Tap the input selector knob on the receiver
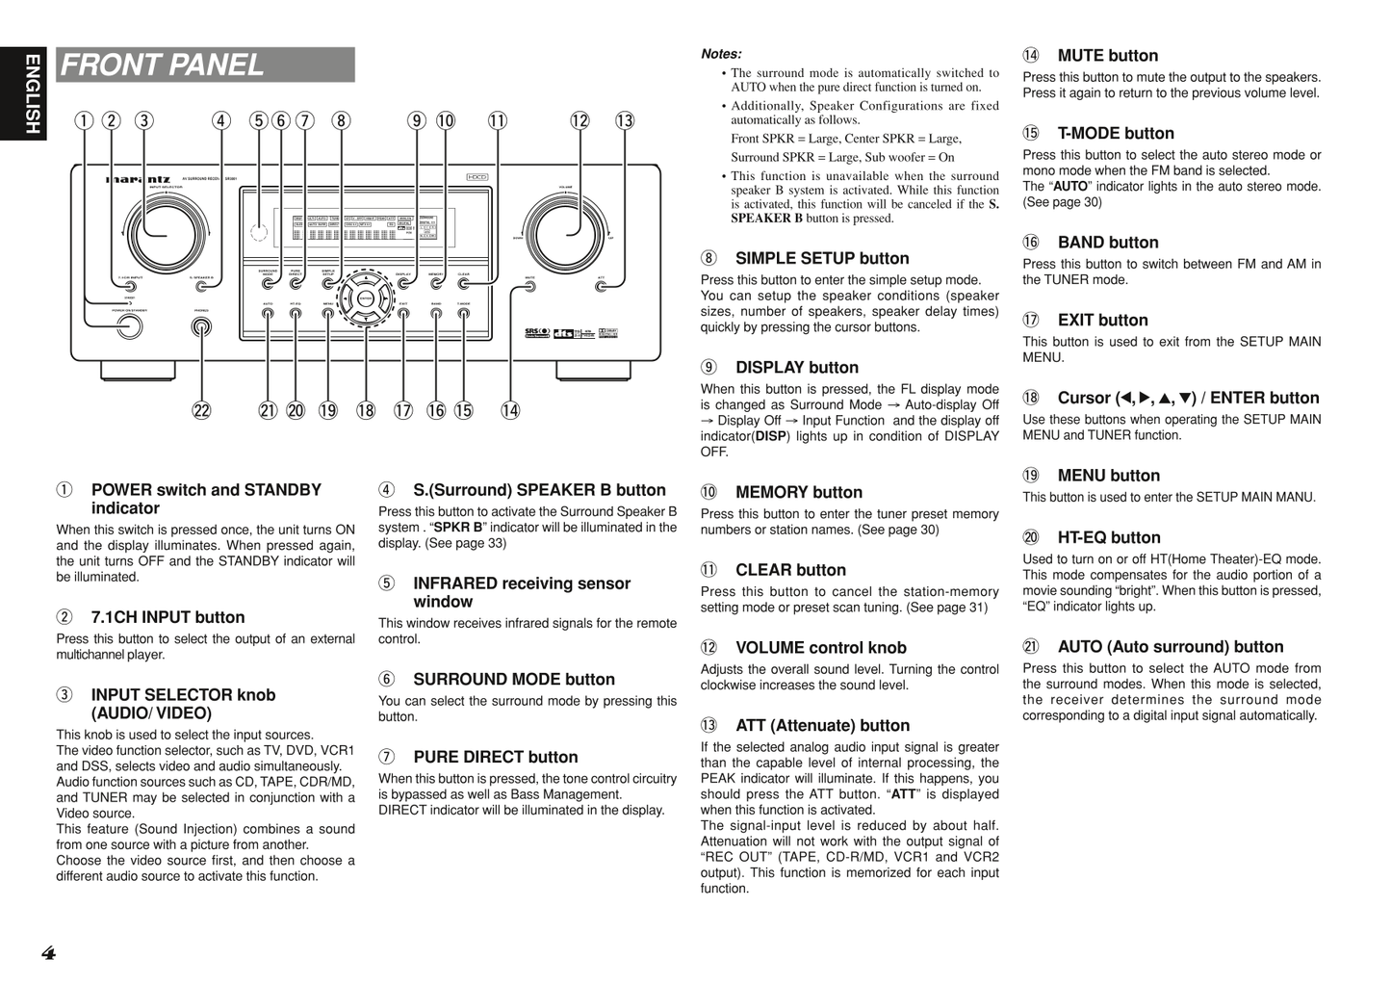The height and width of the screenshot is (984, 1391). [x=166, y=233]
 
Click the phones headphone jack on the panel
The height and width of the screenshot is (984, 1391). [x=201, y=327]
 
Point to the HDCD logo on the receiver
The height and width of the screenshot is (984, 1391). [x=477, y=176]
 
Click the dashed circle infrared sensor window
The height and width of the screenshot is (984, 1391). [x=258, y=232]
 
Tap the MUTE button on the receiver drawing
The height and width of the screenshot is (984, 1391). [x=529, y=286]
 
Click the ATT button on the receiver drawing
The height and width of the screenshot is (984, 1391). [x=601, y=286]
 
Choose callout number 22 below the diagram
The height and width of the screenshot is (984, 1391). [x=201, y=411]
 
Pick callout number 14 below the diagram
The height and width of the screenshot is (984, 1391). [x=510, y=411]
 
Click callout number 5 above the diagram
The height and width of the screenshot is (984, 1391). [x=258, y=121]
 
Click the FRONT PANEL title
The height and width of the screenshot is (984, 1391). [x=163, y=65]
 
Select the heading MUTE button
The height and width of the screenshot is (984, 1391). [x=1107, y=56]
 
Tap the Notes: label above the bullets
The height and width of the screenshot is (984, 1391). [x=721, y=54]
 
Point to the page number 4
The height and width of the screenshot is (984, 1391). [x=49, y=954]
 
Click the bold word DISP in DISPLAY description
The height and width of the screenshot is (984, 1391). [x=770, y=436]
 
